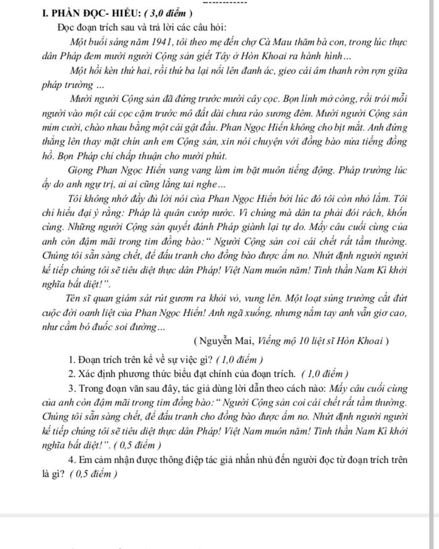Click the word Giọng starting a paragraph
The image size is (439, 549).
81,170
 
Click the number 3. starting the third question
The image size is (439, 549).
72,389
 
